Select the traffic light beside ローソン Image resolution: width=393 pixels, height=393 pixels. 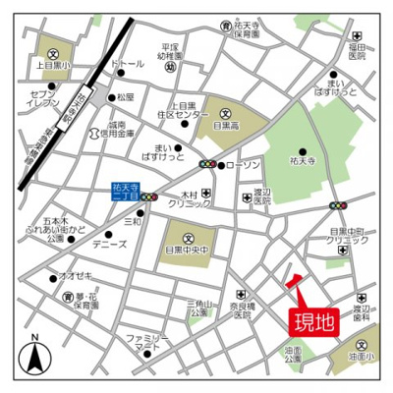click(x=209, y=164)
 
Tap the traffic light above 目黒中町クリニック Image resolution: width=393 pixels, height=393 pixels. click(x=338, y=206)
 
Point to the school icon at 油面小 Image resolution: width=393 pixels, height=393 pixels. click(x=364, y=346)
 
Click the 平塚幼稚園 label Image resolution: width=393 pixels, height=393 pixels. click(x=176, y=50)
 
